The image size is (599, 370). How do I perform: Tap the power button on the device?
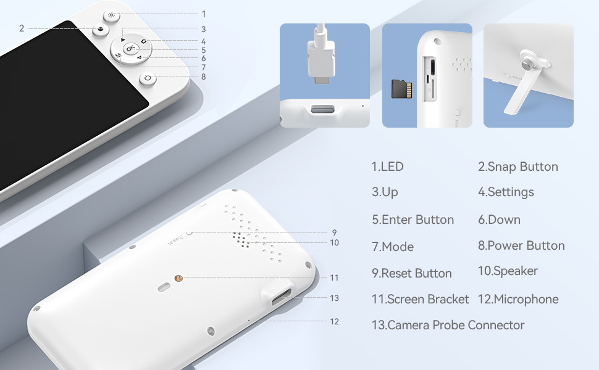[148, 78]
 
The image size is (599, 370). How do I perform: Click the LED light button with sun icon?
[112, 15]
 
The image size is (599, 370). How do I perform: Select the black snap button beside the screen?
[101, 30]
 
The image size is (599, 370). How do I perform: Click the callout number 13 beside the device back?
[334, 298]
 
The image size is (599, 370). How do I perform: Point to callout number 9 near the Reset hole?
[334, 232]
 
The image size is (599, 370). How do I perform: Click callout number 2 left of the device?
[22, 28]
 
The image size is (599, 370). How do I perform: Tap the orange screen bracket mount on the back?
[178, 278]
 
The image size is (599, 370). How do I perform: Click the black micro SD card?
[401, 89]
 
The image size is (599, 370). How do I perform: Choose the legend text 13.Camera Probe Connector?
[448, 325]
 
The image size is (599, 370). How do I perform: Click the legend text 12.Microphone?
[518, 299]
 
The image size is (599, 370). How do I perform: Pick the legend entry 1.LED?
[387, 166]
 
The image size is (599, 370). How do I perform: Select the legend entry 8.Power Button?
[521, 245]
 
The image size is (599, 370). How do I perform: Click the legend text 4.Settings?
[506, 192]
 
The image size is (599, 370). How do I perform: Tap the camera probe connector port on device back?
[281, 297]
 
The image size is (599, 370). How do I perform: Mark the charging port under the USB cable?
[323, 110]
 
